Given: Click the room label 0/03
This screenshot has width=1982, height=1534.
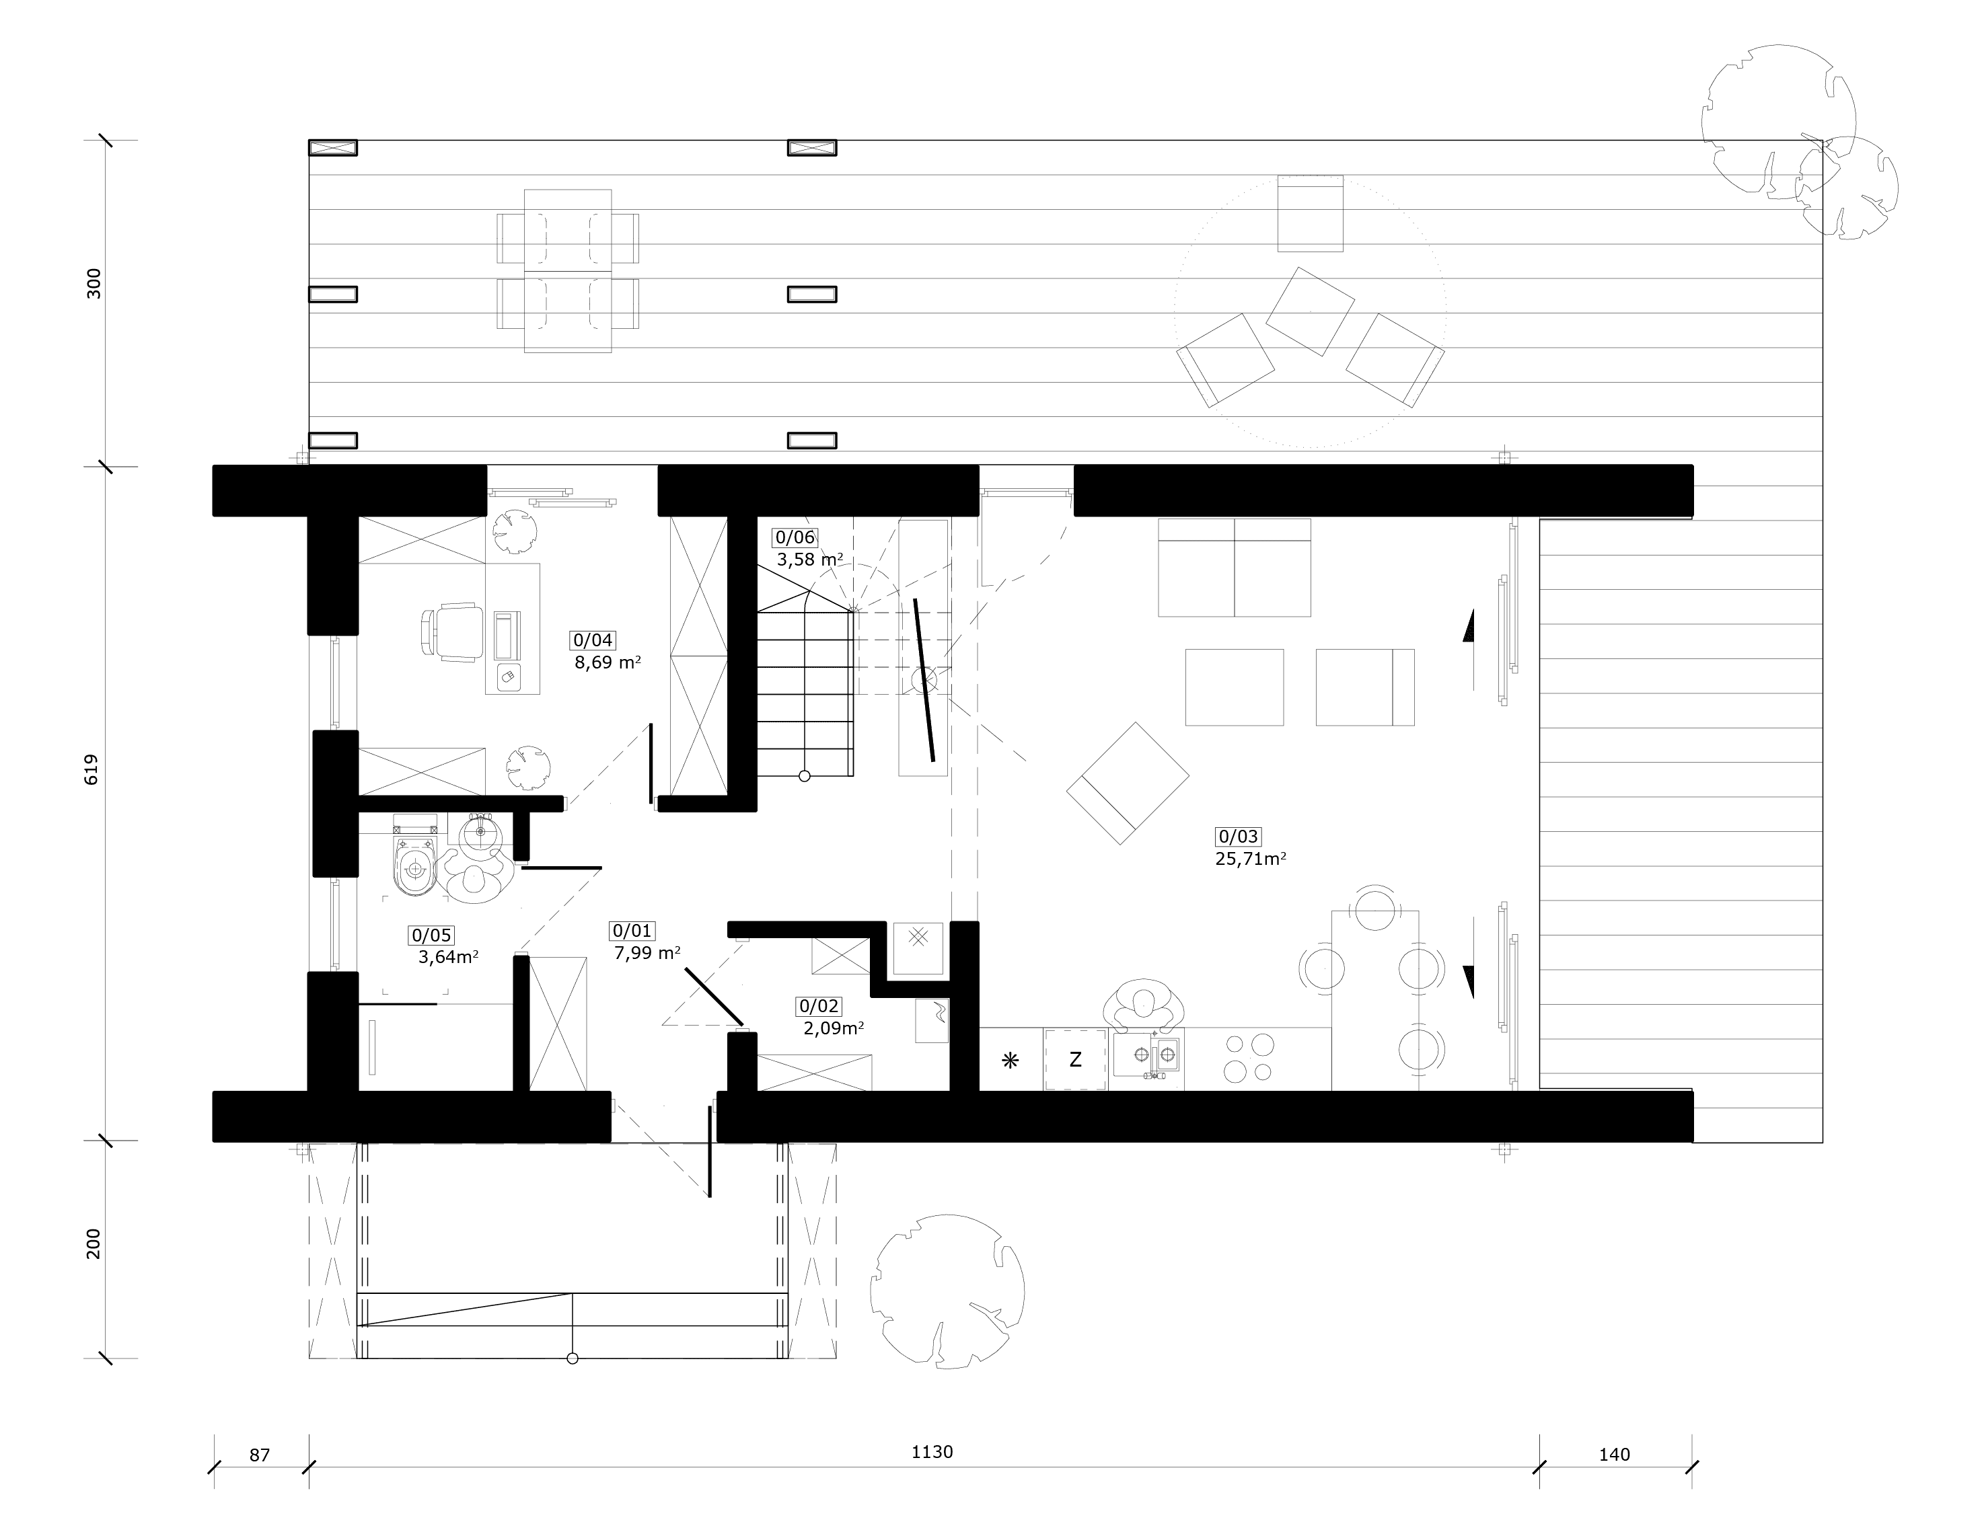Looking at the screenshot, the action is (1238, 837).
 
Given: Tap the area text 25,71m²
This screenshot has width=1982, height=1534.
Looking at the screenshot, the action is (1251, 859).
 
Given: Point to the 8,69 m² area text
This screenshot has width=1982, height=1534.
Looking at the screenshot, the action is (607, 662).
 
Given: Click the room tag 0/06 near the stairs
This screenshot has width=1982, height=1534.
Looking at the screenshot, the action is (795, 537).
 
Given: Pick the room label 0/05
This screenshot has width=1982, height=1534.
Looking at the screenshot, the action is (431, 935).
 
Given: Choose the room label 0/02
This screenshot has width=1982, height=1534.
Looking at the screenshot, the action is (819, 1006).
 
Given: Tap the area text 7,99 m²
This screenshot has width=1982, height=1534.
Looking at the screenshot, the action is (647, 954).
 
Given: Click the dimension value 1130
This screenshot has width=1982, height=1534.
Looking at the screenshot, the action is (932, 1453).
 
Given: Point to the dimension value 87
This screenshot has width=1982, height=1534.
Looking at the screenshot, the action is (260, 1455).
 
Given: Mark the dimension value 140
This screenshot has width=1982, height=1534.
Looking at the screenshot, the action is (1615, 1455).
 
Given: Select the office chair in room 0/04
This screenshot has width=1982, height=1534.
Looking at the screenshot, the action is (452, 632).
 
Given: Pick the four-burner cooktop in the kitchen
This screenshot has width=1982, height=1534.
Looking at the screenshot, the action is (1249, 1058).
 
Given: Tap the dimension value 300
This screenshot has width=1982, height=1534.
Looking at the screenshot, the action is (93, 284).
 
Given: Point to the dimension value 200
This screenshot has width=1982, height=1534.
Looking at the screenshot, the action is (93, 1243).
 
